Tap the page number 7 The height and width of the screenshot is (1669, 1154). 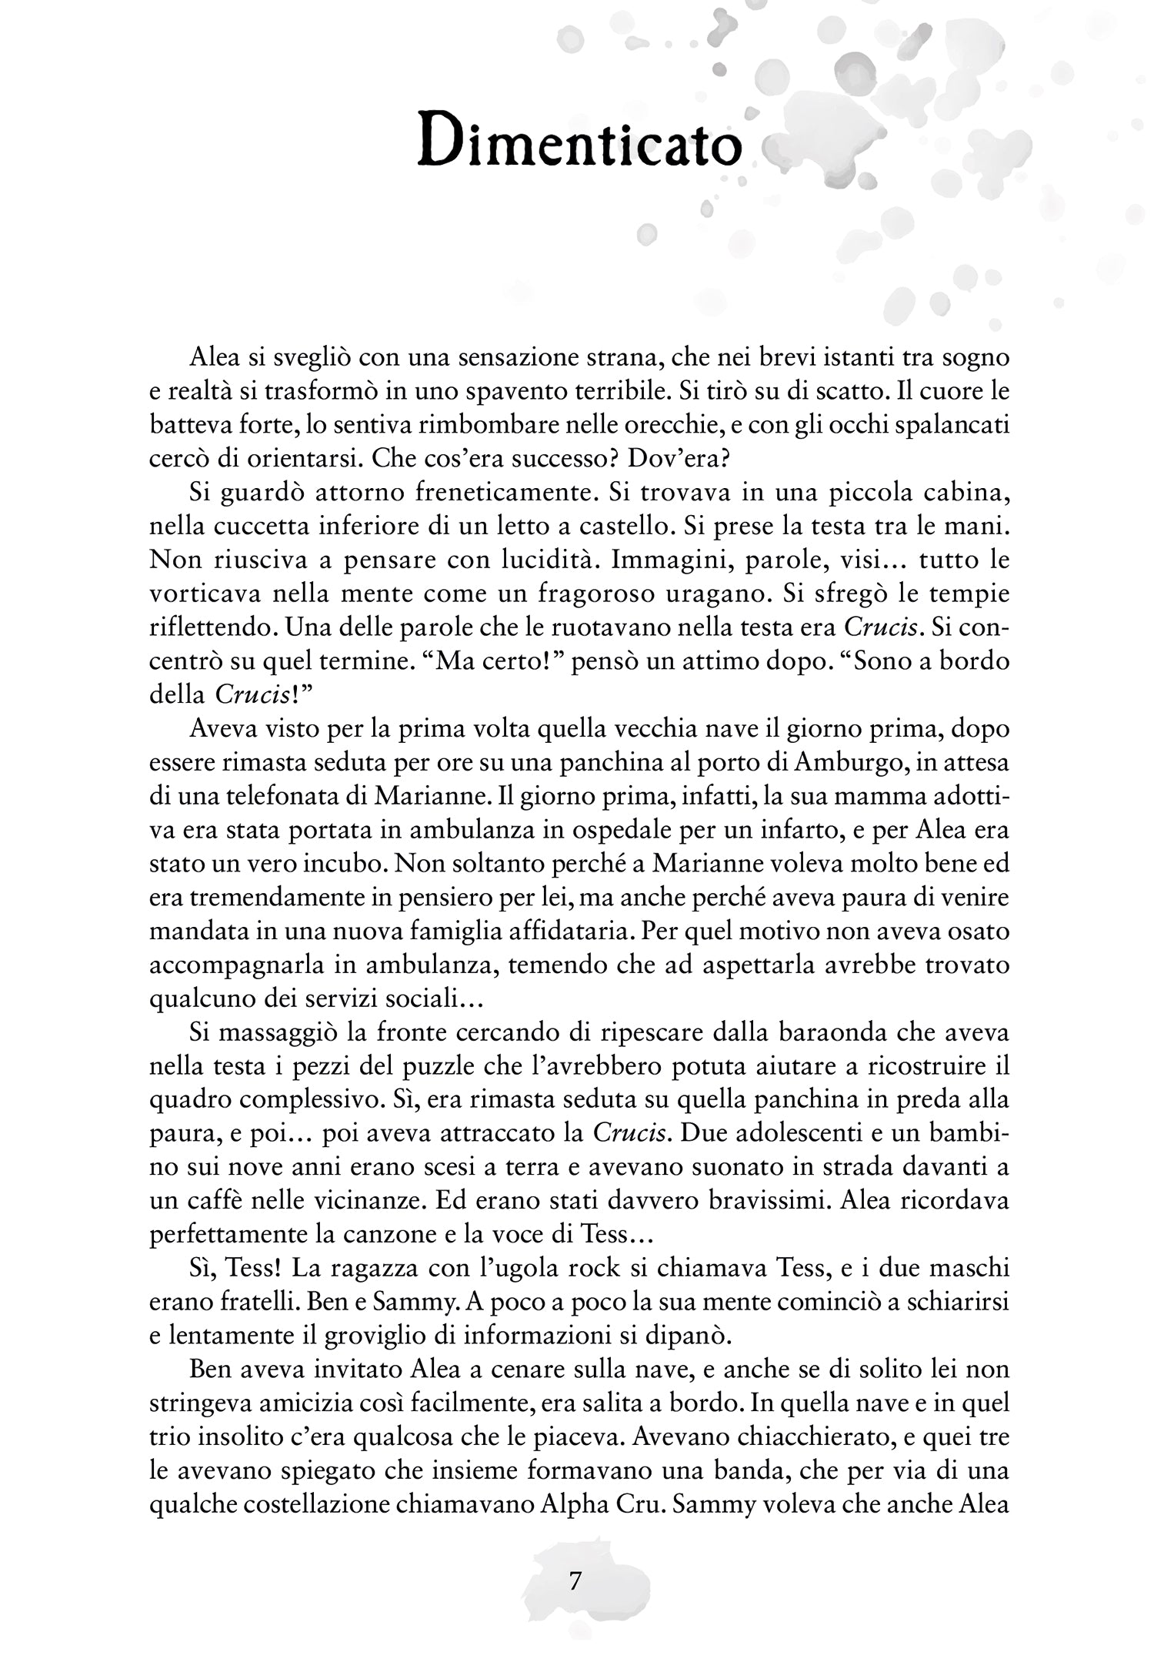575,1580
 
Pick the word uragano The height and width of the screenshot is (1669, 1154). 783,593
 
